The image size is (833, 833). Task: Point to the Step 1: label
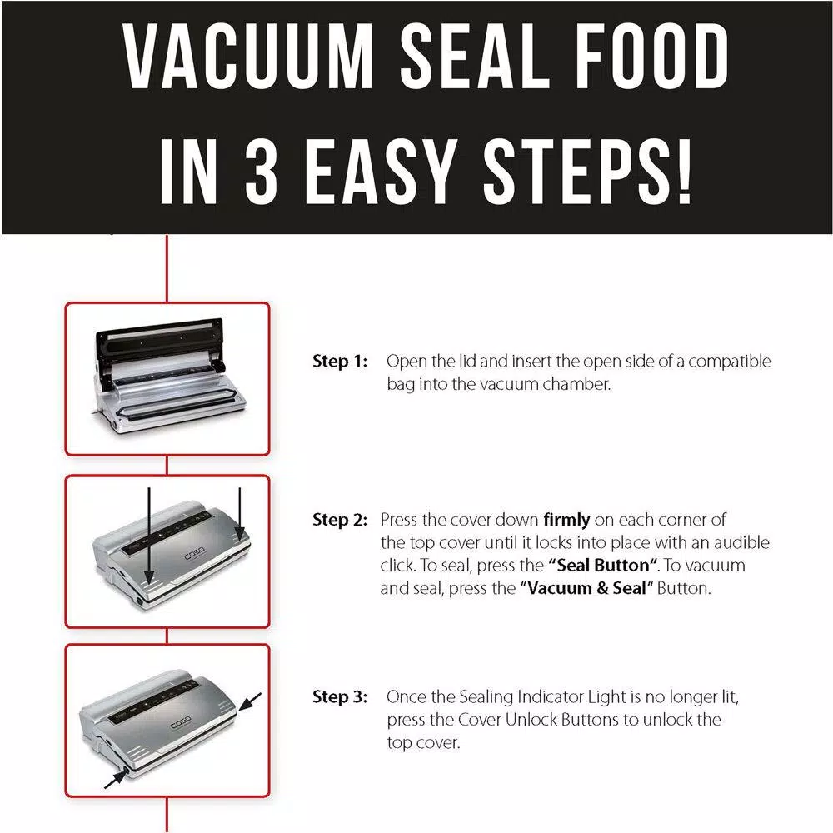pyautogui.click(x=339, y=362)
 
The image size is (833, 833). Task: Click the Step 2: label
pyautogui.click(x=339, y=521)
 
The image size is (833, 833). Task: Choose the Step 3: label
pyautogui.click(x=339, y=696)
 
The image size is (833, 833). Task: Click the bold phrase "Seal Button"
pyautogui.click(x=603, y=566)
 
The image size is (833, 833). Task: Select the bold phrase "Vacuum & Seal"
pyautogui.click(x=582, y=588)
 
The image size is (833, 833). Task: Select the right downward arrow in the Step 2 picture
pyautogui.click(x=239, y=512)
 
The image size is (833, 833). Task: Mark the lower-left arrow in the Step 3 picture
pyautogui.click(x=114, y=776)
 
